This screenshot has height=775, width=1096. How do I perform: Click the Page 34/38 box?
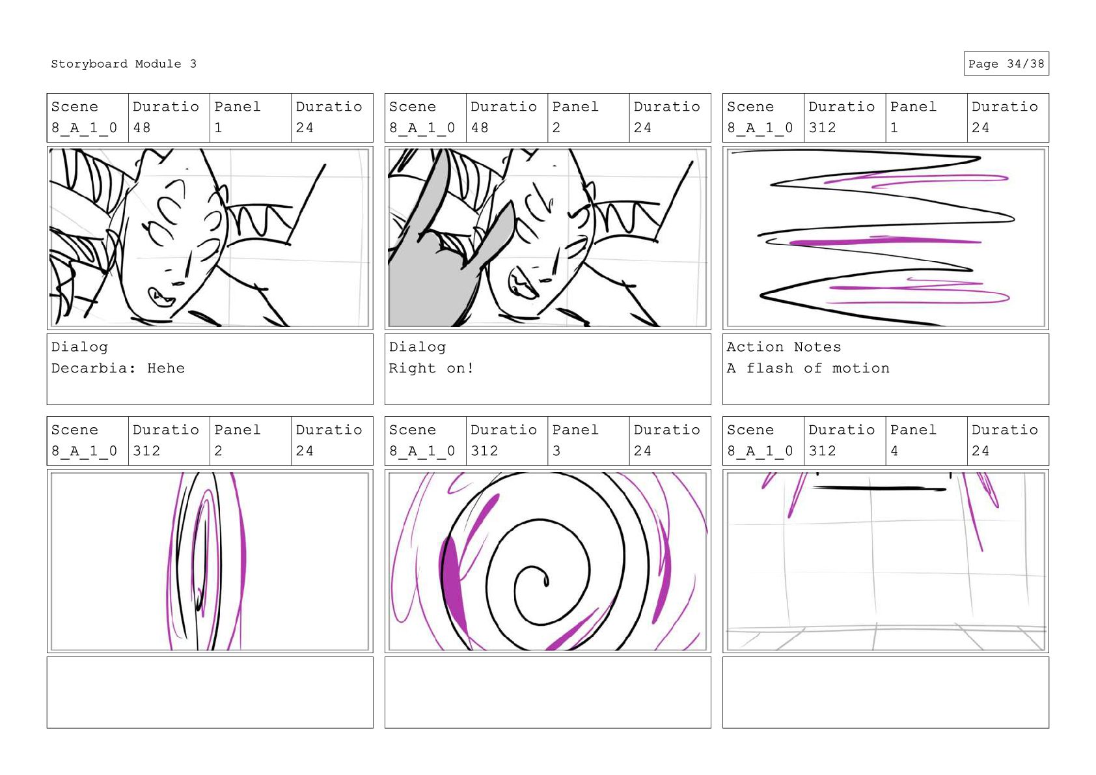coord(1006,64)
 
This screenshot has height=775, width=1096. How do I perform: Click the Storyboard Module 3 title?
coord(123,64)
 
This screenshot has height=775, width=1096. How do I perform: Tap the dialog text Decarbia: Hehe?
coord(118,368)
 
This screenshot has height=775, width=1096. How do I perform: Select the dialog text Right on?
coord(431,368)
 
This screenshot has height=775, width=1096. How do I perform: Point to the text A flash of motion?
coord(808,368)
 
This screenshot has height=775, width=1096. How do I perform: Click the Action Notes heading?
coord(784,347)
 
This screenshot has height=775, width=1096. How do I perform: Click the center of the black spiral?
coord(545,581)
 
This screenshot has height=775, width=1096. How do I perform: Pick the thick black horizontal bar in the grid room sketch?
coord(879,488)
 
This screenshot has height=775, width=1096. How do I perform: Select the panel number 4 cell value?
coord(894,451)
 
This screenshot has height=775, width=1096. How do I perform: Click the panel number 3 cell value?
coord(556,451)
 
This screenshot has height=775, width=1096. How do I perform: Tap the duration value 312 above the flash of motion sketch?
coord(822,128)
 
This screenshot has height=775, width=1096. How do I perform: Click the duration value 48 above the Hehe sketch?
coord(141,128)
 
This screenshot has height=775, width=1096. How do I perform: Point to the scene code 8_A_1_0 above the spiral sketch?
coord(422,451)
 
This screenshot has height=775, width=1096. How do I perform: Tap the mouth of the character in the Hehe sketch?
coord(161,296)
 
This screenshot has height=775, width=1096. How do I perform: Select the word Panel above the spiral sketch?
coord(575,430)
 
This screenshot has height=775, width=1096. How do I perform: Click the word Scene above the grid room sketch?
coord(750,430)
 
